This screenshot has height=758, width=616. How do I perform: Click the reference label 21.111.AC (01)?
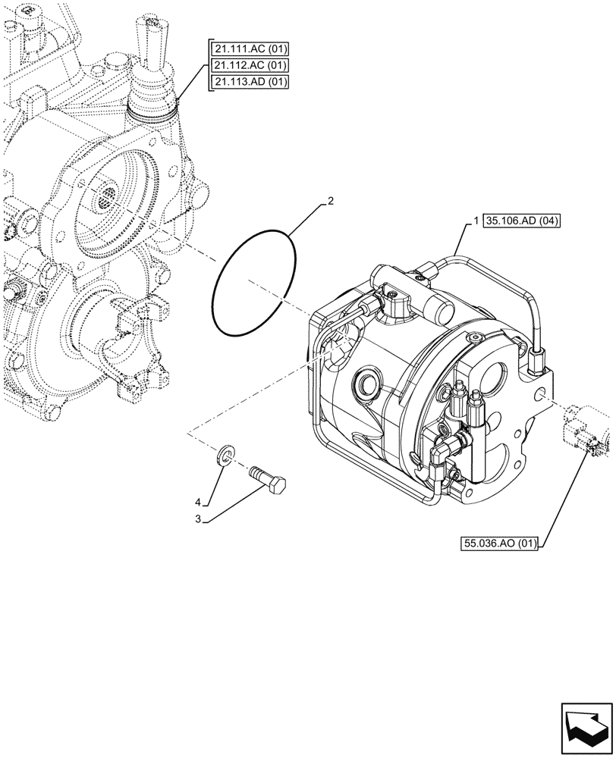(x=250, y=50)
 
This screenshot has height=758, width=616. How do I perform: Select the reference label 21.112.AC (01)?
(x=250, y=66)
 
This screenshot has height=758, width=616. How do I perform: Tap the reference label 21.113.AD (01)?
(x=250, y=82)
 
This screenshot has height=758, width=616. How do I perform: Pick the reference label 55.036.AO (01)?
(x=498, y=543)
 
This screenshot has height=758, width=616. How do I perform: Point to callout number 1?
(x=475, y=221)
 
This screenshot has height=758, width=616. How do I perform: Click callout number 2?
(x=330, y=202)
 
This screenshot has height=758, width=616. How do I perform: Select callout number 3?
(x=199, y=519)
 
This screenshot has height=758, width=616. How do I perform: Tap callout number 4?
(x=199, y=502)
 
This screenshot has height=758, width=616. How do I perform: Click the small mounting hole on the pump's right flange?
(x=540, y=394)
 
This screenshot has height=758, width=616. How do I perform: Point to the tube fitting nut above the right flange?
(x=539, y=352)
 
